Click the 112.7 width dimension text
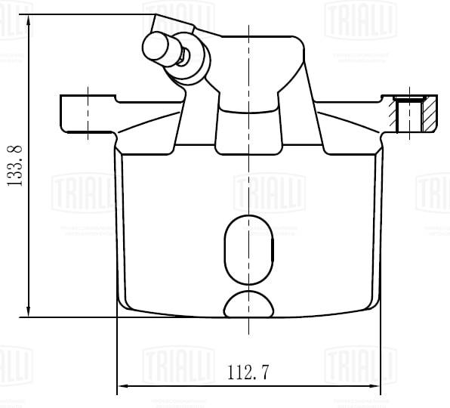point(248,371)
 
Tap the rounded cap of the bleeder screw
point(157,47)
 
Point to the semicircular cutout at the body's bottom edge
point(248,304)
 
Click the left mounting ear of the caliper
point(87,113)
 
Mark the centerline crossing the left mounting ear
point(89,113)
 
